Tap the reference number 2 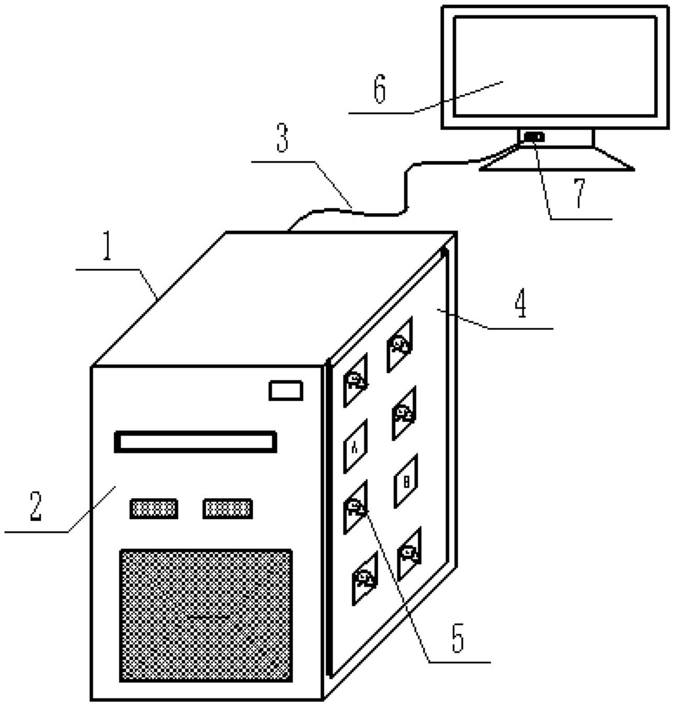(36, 506)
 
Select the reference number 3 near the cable (283, 138)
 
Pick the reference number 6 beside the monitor (380, 89)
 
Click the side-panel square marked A (355, 446)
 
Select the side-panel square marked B (406, 481)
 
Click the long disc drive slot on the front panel (195, 442)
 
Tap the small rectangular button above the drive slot (286, 391)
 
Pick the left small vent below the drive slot (153, 509)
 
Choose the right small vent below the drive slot (228, 509)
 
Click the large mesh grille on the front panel (206, 615)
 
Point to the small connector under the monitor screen (534, 138)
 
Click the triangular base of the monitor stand (557, 160)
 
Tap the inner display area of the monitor (555, 66)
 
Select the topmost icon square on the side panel (400, 345)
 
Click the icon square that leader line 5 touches (355, 507)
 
